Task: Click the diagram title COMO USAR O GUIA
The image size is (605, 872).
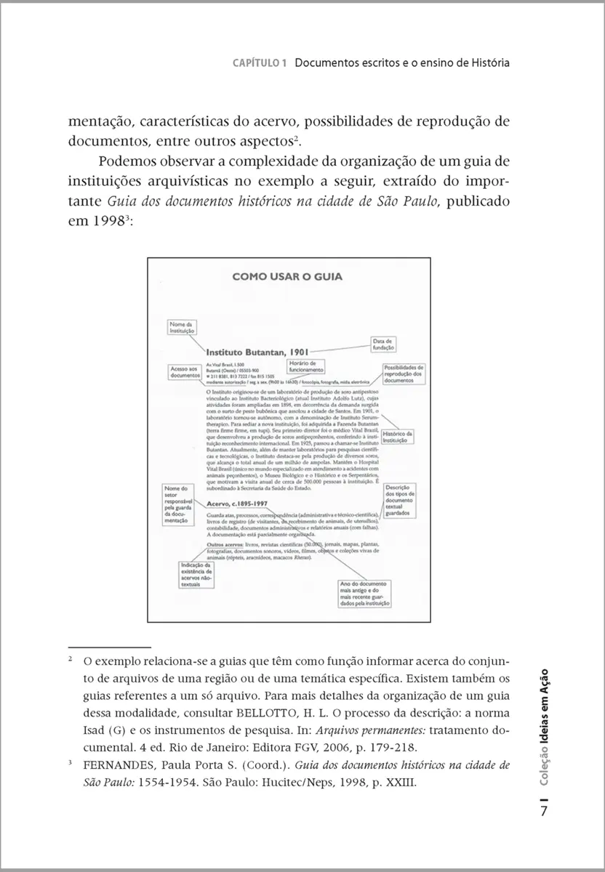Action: [287, 276]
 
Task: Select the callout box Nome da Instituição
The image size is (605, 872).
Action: [180, 326]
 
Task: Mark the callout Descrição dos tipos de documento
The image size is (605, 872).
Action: [399, 501]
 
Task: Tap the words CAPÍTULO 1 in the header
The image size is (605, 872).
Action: [259, 63]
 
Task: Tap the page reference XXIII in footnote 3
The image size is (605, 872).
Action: [397, 783]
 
